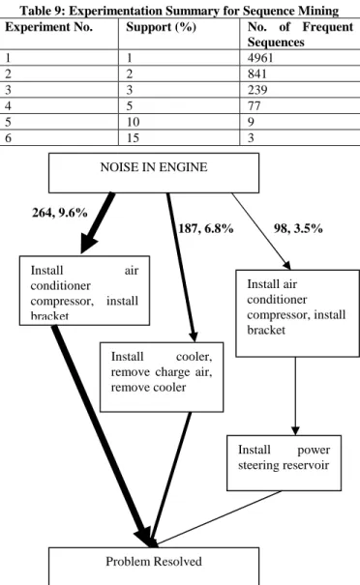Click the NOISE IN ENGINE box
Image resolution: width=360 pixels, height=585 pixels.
tap(154, 173)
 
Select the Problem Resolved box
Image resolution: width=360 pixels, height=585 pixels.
tap(154, 566)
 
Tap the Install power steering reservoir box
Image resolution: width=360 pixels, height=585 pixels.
tap(284, 462)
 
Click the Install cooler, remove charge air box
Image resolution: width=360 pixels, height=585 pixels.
tap(162, 377)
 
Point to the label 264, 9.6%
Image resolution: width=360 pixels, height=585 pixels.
tap(60, 213)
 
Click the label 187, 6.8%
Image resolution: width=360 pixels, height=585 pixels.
tap(206, 228)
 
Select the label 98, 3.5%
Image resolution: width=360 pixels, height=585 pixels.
tap(298, 228)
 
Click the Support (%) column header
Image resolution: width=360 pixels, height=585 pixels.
tap(161, 27)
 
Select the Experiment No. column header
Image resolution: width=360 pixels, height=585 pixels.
tap(49, 27)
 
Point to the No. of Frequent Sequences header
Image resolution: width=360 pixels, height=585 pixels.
tap(300, 34)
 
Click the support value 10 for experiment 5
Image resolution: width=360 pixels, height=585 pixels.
tap(133, 122)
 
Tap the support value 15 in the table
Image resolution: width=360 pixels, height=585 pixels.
tap(133, 138)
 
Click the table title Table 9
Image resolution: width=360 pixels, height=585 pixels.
tap(179, 11)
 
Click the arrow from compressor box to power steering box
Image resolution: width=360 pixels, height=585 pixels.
tap(295, 396)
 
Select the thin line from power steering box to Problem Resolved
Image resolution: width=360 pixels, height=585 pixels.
tap(219, 517)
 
